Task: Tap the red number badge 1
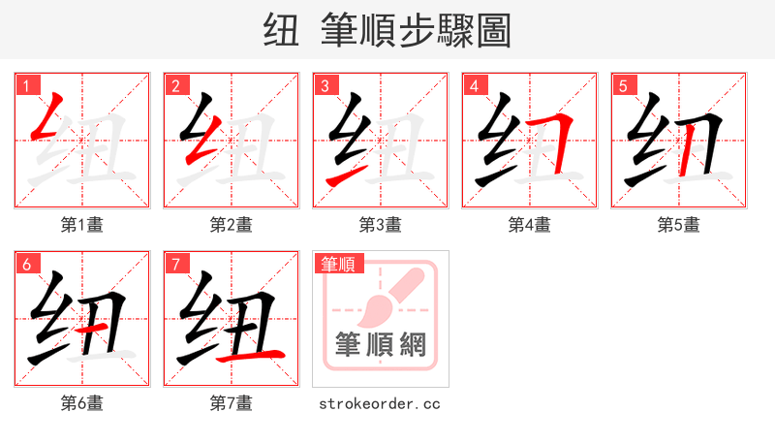26,86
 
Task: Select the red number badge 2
175,86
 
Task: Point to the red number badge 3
325,86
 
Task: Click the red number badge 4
474,86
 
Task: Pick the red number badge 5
623,86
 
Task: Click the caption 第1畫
82,225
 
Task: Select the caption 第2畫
232,225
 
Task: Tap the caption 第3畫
381,225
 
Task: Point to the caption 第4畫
530,225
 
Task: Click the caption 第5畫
679,225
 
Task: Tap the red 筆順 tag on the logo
337,264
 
